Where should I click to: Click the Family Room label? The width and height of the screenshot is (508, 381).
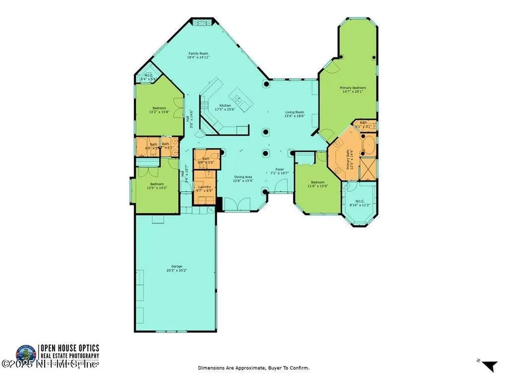(x=198, y=55)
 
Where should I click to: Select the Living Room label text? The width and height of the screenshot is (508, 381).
(x=295, y=114)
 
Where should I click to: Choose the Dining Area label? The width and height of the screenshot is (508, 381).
(x=243, y=179)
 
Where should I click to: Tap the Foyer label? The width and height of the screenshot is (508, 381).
(x=279, y=171)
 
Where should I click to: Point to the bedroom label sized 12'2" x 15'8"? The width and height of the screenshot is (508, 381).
(x=159, y=110)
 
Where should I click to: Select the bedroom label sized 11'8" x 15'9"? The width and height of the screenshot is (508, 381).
(x=317, y=184)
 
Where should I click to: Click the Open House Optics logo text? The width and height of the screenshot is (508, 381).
(x=70, y=348)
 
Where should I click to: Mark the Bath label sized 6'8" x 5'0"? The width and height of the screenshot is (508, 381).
(x=206, y=160)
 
